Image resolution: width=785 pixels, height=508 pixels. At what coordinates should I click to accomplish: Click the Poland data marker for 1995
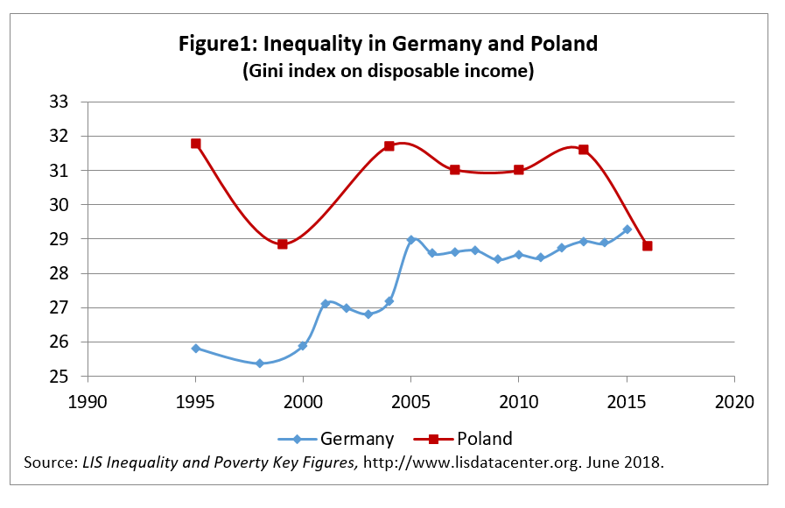coord(196,144)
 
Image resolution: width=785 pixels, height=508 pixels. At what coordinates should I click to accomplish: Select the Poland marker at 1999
coord(282,244)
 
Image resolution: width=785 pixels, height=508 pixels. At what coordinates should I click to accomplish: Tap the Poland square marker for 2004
coord(389,146)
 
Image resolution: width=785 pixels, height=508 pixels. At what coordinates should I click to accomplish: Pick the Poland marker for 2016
coord(648,246)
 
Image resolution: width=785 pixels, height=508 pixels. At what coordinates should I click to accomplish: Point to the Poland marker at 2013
coord(583,150)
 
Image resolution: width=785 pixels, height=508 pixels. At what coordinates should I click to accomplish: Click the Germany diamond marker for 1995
coord(196,349)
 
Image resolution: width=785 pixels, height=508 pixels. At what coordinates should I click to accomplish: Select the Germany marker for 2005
coord(410,240)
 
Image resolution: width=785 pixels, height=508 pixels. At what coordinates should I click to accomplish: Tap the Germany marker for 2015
coord(626,229)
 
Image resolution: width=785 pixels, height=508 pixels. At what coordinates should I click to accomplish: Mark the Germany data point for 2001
coord(325,304)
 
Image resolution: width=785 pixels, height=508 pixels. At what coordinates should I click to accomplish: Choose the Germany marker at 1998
coord(260,363)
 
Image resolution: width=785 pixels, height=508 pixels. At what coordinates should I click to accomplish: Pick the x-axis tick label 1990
coord(88,402)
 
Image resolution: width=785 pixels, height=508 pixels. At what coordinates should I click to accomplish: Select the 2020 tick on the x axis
coord(733,402)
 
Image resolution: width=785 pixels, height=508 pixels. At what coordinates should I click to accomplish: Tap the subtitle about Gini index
coord(388,72)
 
